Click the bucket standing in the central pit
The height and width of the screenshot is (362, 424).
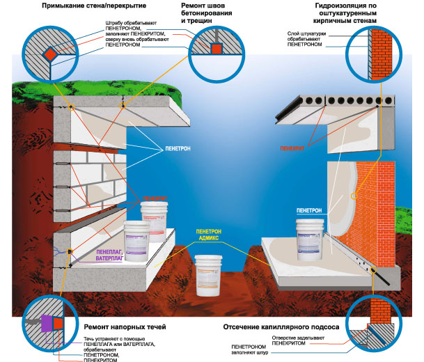[x=210, y=274]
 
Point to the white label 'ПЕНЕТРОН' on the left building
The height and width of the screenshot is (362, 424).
[x=180, y=149]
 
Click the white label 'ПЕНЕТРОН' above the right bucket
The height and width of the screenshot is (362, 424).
[x=309, y=210]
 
